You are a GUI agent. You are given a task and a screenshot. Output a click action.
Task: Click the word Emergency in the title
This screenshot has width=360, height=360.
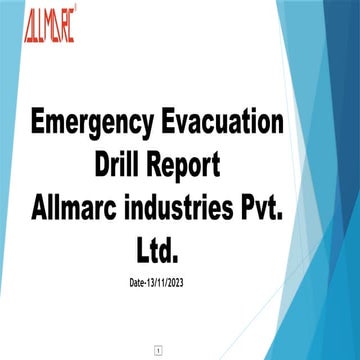(x=88, y=127)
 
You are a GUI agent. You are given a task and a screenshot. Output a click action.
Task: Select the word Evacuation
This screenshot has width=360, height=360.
(x=222, y=127)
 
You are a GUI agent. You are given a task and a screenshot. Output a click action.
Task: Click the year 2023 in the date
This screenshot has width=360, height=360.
(x=172, y=283)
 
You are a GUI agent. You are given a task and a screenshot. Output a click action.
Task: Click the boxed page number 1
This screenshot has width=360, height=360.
(x=157, y=350)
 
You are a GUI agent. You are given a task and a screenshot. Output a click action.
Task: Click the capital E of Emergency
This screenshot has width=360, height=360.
(x=38, y=127)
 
